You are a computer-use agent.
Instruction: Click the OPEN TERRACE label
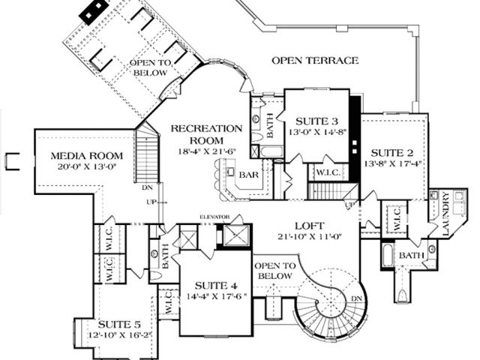(x=315, y=60)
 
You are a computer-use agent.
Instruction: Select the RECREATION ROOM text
(x=206, y=133)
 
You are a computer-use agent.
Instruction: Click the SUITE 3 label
(x=316, y=121)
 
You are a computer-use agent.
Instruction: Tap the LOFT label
(x=309, y=223)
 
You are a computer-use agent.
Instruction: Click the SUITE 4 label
(x=216, y=285)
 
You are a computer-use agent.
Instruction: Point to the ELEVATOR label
(x=213, y=217)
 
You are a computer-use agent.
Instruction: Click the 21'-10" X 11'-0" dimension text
(x=309, y=236)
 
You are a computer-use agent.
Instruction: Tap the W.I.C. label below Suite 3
(x=328, y=172)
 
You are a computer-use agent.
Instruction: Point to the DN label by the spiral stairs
(x=356, y=298)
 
